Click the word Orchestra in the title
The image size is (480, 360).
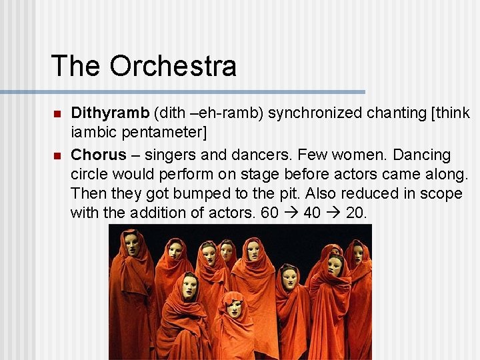point(173,66)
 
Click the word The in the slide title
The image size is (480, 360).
point(77,66)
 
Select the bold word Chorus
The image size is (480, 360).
point(98,155)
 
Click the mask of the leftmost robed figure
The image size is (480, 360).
point(132,244)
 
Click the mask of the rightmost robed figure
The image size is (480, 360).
point(357,253)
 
